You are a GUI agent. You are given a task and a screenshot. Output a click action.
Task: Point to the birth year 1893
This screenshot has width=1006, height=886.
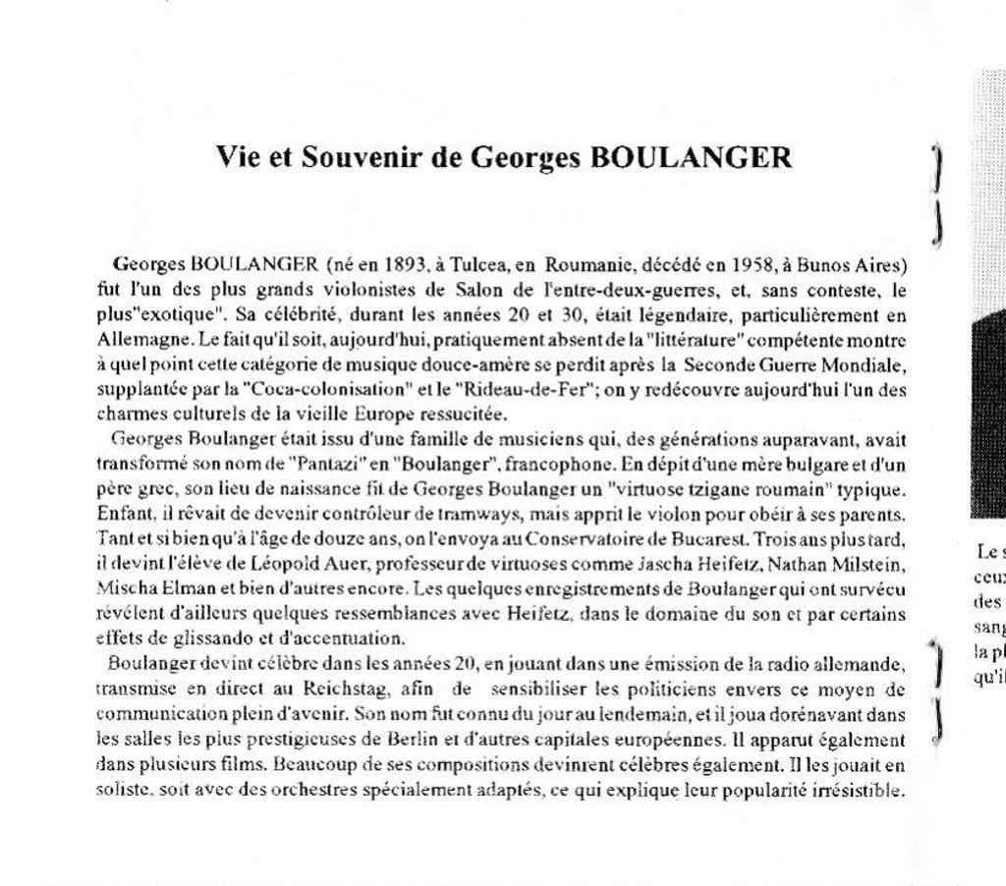click(405, 264)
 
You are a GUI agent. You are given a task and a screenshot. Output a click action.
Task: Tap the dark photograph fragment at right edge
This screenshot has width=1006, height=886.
click(988, 413)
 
